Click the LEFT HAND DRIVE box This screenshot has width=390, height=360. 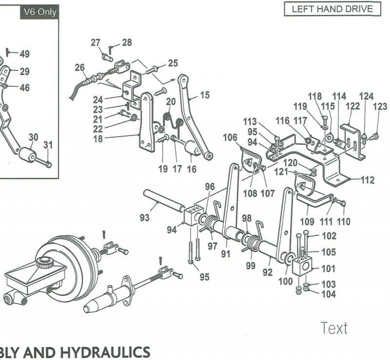332,9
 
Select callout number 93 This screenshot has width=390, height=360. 144,218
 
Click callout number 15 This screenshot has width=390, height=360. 205,95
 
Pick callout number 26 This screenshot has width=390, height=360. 79,67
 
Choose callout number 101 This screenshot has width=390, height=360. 329,268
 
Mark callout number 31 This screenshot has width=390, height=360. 48,145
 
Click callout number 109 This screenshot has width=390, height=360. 306,221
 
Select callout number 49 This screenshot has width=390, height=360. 24,54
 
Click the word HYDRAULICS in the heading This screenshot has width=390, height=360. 102,352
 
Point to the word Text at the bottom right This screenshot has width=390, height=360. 334,328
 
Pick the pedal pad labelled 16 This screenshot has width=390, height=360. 194,149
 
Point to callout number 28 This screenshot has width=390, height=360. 127,43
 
